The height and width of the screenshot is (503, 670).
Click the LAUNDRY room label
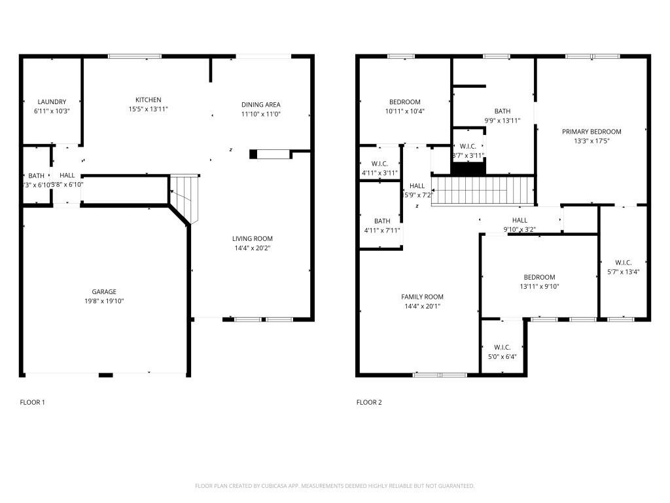[x=52, y=102]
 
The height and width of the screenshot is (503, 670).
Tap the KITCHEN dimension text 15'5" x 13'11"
[x=148, y=109]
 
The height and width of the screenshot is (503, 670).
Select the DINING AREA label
[x=261, y=104]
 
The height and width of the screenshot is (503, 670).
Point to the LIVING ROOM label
[x=252, y=238]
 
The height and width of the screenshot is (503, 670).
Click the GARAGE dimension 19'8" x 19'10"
[x=104, y=301]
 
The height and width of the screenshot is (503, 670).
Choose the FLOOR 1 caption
[x=33, y=402]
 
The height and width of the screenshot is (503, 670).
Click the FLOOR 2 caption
[x=368, y=402]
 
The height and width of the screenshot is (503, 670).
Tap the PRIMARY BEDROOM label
[x=591, y=132]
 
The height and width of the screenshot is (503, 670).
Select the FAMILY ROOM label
[x=422, y=297]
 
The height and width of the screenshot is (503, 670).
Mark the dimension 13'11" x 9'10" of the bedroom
[x=539, y=286]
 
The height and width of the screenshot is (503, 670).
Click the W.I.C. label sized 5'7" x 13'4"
[x=623, y=262]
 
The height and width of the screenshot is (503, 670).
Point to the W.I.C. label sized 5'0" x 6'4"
[x=502, y=347]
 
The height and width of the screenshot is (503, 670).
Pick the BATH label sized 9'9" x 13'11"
[x=502, y=111]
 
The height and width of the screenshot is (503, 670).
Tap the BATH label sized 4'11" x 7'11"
[x=382, y=221]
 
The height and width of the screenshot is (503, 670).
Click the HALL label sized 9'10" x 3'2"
[x=520, y=220]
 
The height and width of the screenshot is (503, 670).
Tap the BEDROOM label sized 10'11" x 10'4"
[x=405, y=102]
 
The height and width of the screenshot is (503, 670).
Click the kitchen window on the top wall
[x=134, y=56]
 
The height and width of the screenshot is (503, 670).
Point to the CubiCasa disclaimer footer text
[x=334, y=486]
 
